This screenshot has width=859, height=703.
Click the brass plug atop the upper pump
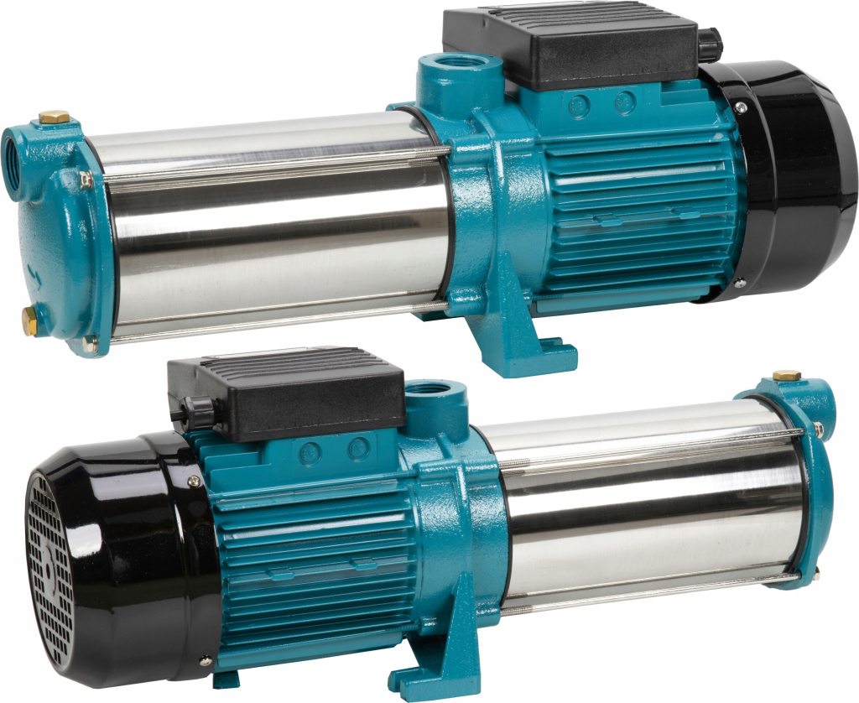point(55,116)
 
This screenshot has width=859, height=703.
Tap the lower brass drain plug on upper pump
point(29,320)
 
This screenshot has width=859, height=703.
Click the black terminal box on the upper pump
point(570,46)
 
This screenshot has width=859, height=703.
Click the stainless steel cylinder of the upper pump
point(277,227)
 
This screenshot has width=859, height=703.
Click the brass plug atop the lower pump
point(786,374)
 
